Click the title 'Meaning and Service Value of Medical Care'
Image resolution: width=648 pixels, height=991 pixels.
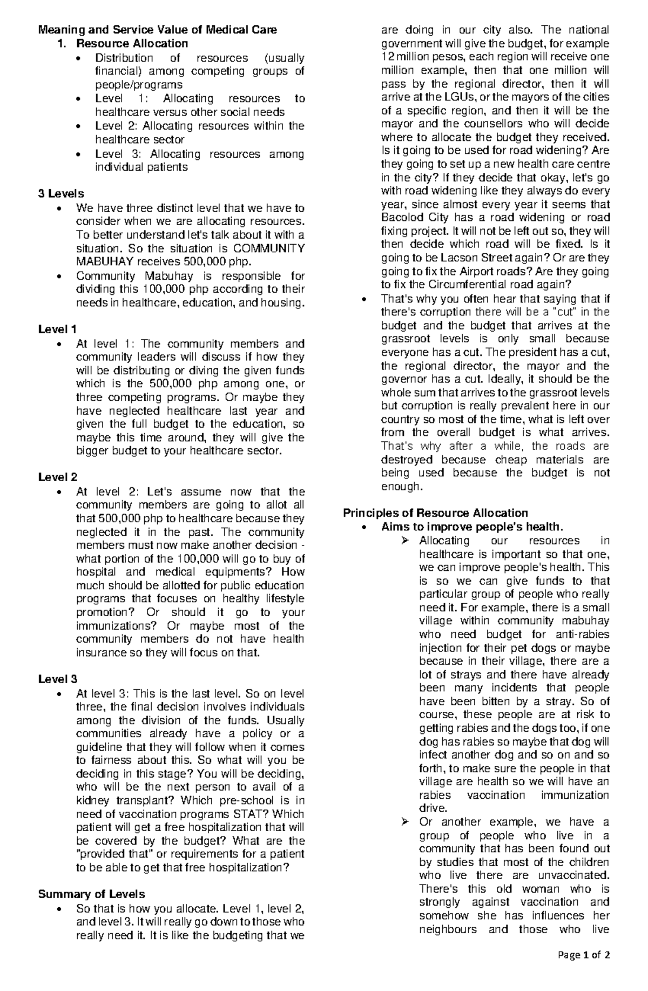(157, 30)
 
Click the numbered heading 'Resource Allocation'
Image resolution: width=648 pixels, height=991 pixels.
(132, 44)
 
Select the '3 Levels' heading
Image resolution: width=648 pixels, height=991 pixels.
(61, 194)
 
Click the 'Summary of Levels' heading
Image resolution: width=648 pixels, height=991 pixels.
(91, 894)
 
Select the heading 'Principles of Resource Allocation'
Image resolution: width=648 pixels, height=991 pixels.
(435, 513)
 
